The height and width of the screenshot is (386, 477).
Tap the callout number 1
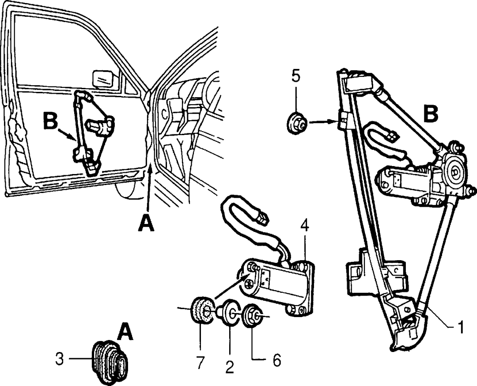pyautogui.click(x=460, y=327)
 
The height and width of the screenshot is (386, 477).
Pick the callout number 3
pyautogui.click(x=59, y=359)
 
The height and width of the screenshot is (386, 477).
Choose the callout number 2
pyautogui.click(x=229, y=367)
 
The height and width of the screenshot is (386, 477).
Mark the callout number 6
pyautogui.click(x=276, y=361)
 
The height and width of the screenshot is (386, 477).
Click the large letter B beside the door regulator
pyautogui.click(x=50, y=121)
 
